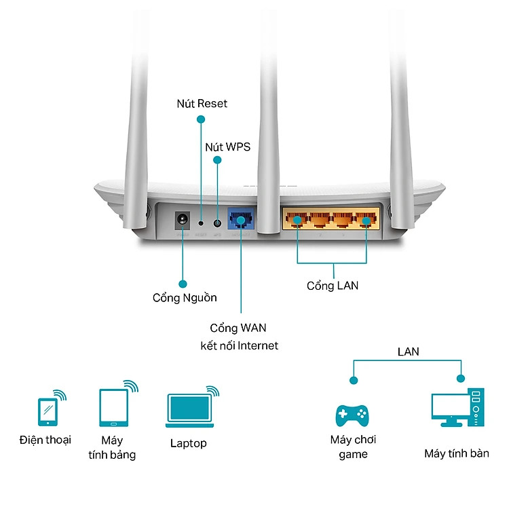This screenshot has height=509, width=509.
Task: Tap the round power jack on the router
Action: tap(182, 220)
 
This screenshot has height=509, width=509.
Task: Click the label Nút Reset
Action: tap(202, 104)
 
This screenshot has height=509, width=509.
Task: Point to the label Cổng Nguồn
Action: tap(185, 297)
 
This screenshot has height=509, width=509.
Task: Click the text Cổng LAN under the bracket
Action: tap(333, 286)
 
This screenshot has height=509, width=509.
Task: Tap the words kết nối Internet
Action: tap(239, 345)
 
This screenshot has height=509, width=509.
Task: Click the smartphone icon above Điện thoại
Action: tap(48, 410)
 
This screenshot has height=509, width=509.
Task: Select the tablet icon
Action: tap(113, 407)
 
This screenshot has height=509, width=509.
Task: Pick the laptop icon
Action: tap(188, 410)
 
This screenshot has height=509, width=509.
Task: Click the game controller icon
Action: tap(352, 413)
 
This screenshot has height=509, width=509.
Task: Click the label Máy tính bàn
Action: tap(457, 453)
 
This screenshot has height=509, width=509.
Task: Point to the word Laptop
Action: tap(189, 443)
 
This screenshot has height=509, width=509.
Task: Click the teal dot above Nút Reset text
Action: tap(201, 119)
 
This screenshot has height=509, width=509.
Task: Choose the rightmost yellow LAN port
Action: tap(366, 220)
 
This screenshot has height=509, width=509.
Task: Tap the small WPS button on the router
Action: tap(217, 222)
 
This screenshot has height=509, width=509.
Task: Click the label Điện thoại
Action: tap(45, 440)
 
